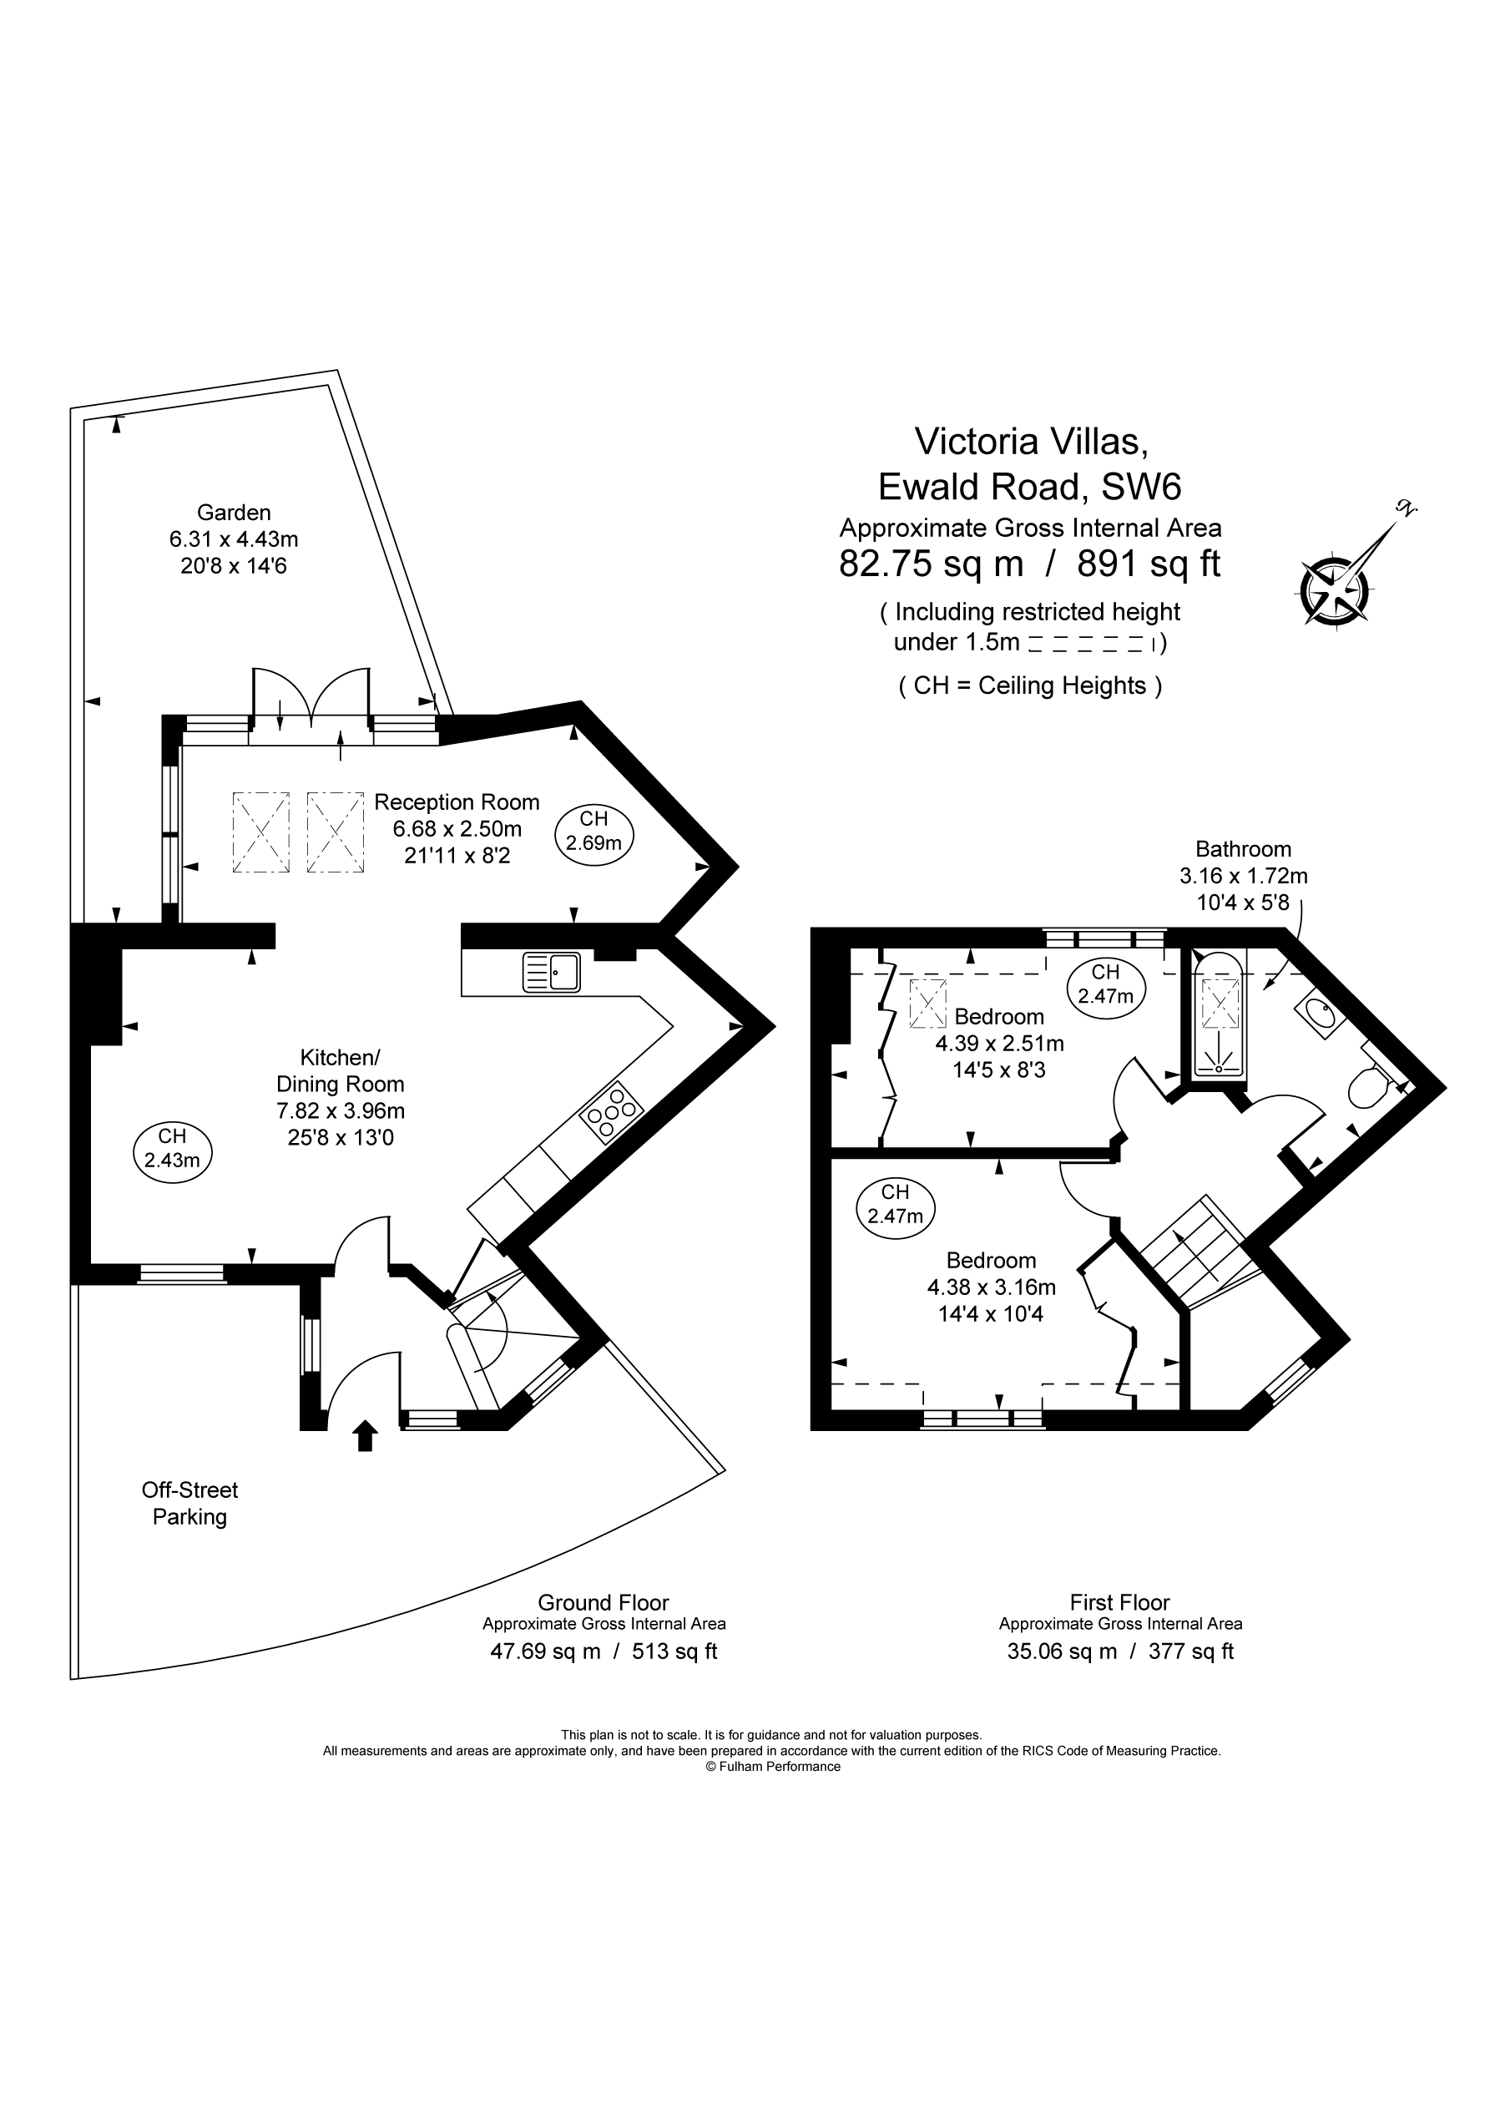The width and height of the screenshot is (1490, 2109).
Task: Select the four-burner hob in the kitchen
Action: point(612,1112)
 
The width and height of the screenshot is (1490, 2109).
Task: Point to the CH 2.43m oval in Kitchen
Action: point(172,1148)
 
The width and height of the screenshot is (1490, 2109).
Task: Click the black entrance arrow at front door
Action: point(365,1436)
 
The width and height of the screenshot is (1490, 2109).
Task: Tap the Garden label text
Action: point(234,513)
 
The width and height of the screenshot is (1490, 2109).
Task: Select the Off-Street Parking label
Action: point(189,1504)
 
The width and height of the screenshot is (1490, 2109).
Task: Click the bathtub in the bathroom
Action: point(1218,1017)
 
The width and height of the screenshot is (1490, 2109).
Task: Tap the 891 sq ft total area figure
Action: point(1149,563)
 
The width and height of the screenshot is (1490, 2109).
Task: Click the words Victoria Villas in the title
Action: point(1030,441)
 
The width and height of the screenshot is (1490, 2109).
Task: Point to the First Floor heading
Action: point(1119,1603)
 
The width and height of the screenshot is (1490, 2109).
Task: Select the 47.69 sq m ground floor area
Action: point(545,1651)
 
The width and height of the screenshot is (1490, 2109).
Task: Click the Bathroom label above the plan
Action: point(1243,849)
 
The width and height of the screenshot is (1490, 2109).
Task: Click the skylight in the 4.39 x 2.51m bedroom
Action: point(927,1003)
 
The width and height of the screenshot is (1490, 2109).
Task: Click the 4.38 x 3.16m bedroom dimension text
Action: point(990,1287)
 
